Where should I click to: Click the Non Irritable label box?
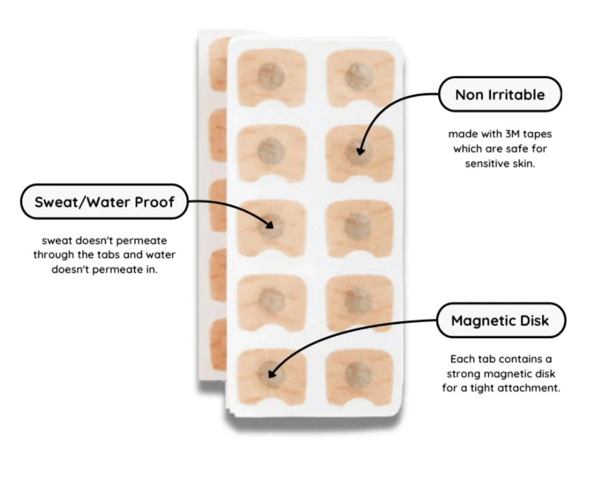(x=499, y=95)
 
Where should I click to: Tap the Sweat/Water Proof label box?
(x=104, y=202)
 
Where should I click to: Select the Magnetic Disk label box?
(x=501, y=320)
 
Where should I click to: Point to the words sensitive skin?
(x=500, y=163)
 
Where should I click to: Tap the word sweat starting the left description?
(x=56, y=240)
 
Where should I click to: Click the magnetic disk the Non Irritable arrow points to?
(x=359, y=148)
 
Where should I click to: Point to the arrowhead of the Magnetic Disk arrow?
(x=272, y=375)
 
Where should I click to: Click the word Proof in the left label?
(x=156, y=202)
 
